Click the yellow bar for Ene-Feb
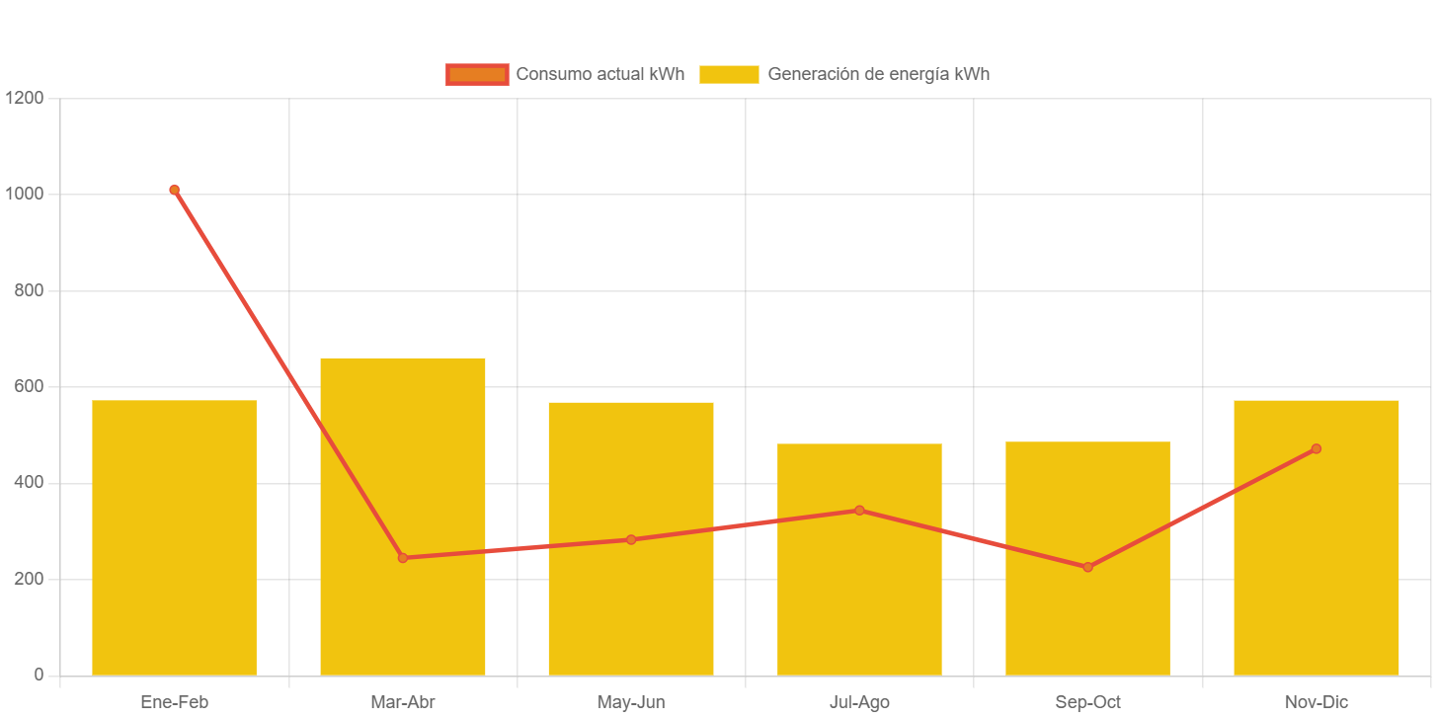(x=174, y=538)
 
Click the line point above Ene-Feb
(x=174, y=190)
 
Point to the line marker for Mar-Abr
(x=402, y=558)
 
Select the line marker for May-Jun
(x=631, y=539)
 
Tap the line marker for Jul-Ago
(x=859, y=511)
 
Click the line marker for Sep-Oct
(x=1087, y=567)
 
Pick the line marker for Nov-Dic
(x=1316, y=448)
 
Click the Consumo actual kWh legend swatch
(x=477, y=74)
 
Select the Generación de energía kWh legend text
(x=878, y=74)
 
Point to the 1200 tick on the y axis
(x=24, y=98)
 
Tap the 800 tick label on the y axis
(x=29, y=290)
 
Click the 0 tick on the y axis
(x=39, y=675)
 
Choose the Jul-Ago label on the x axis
(x=859, y=702)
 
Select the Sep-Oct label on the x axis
(x=1087, y=702)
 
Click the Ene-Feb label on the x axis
(x=174, y=702)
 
